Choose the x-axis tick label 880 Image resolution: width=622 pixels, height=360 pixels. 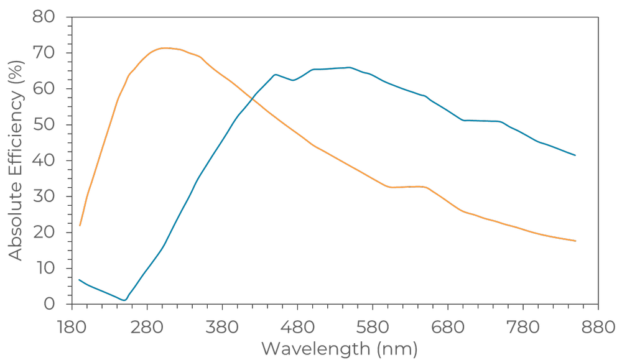tap(598, 326)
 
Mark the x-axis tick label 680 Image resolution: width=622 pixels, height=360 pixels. tap(448, 326)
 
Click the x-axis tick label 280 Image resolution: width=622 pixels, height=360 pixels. tap(147, 326)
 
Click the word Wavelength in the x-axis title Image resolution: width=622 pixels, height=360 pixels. tap(315, 348)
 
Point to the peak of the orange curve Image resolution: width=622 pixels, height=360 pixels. tap(164, 48)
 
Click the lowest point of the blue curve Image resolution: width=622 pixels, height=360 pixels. tap(125, 300)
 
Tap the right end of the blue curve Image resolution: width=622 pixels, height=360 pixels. tap(575, 155)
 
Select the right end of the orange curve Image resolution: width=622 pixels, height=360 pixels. tap(575, 241)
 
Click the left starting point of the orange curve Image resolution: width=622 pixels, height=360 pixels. tap(80, 225)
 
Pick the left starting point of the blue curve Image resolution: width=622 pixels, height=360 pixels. tap(80, 280)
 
